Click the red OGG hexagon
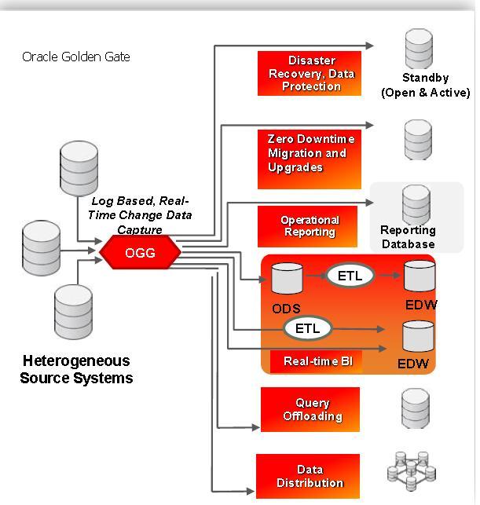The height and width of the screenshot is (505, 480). tap(140, 253)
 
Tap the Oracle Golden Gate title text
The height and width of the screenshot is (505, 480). tap(76, 57)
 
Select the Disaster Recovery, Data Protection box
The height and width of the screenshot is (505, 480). tap(310, 73)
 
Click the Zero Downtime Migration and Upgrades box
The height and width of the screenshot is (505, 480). tap(310, 153)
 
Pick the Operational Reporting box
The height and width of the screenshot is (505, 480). tap(309, 226)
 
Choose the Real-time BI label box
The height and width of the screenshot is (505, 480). tap(306, 361)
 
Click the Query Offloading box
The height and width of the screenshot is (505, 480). tap(310, 409)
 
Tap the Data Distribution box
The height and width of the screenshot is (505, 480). tap(308, 475)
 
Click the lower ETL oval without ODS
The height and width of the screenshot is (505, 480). tap(307, 328)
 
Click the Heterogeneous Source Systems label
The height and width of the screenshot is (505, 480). tap(76, 369)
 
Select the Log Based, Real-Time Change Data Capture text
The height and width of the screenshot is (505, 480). tap(141, 215)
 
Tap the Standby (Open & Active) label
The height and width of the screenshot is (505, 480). tap(425, 86)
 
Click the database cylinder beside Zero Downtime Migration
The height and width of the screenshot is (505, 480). tap(417, 140)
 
